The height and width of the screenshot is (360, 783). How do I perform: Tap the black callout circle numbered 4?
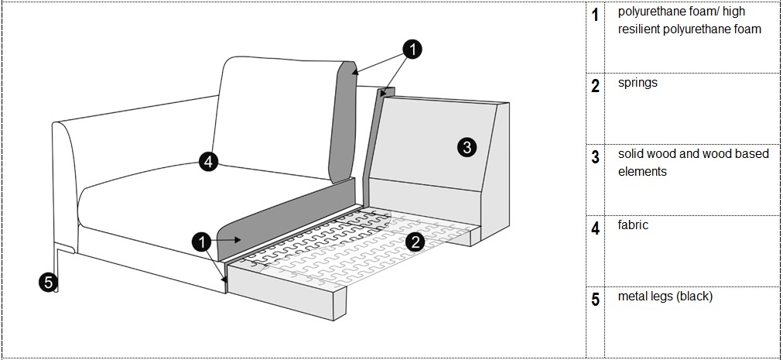click(207, 161)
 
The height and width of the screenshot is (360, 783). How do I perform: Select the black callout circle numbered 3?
click(466, 146)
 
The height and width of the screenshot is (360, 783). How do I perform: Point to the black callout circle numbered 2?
click(415, 242)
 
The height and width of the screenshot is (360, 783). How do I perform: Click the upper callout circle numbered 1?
click(414, 50)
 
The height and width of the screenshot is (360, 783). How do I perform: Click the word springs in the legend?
click(638, 82)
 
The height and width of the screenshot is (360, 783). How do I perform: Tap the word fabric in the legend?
click(633, 225)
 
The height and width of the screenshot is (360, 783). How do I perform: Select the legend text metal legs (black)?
click(665, 297)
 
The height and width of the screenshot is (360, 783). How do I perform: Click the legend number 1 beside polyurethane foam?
click(595, 15)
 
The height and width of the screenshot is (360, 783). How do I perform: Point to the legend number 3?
click(595, 157)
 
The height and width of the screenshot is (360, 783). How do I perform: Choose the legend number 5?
click(595, 300)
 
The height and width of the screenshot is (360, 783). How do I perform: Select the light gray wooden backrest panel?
click(433, 147)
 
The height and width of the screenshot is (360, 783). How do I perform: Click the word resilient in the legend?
click(641, 29)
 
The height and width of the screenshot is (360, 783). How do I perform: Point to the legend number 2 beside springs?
click(595, 86)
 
